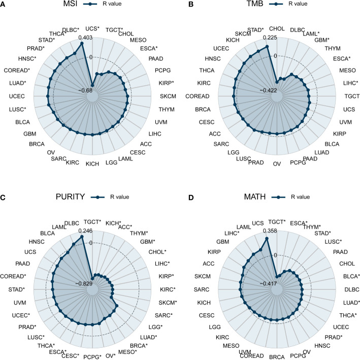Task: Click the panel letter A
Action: click(x=4, y=5)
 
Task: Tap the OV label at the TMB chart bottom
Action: click(x=277, y=164)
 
